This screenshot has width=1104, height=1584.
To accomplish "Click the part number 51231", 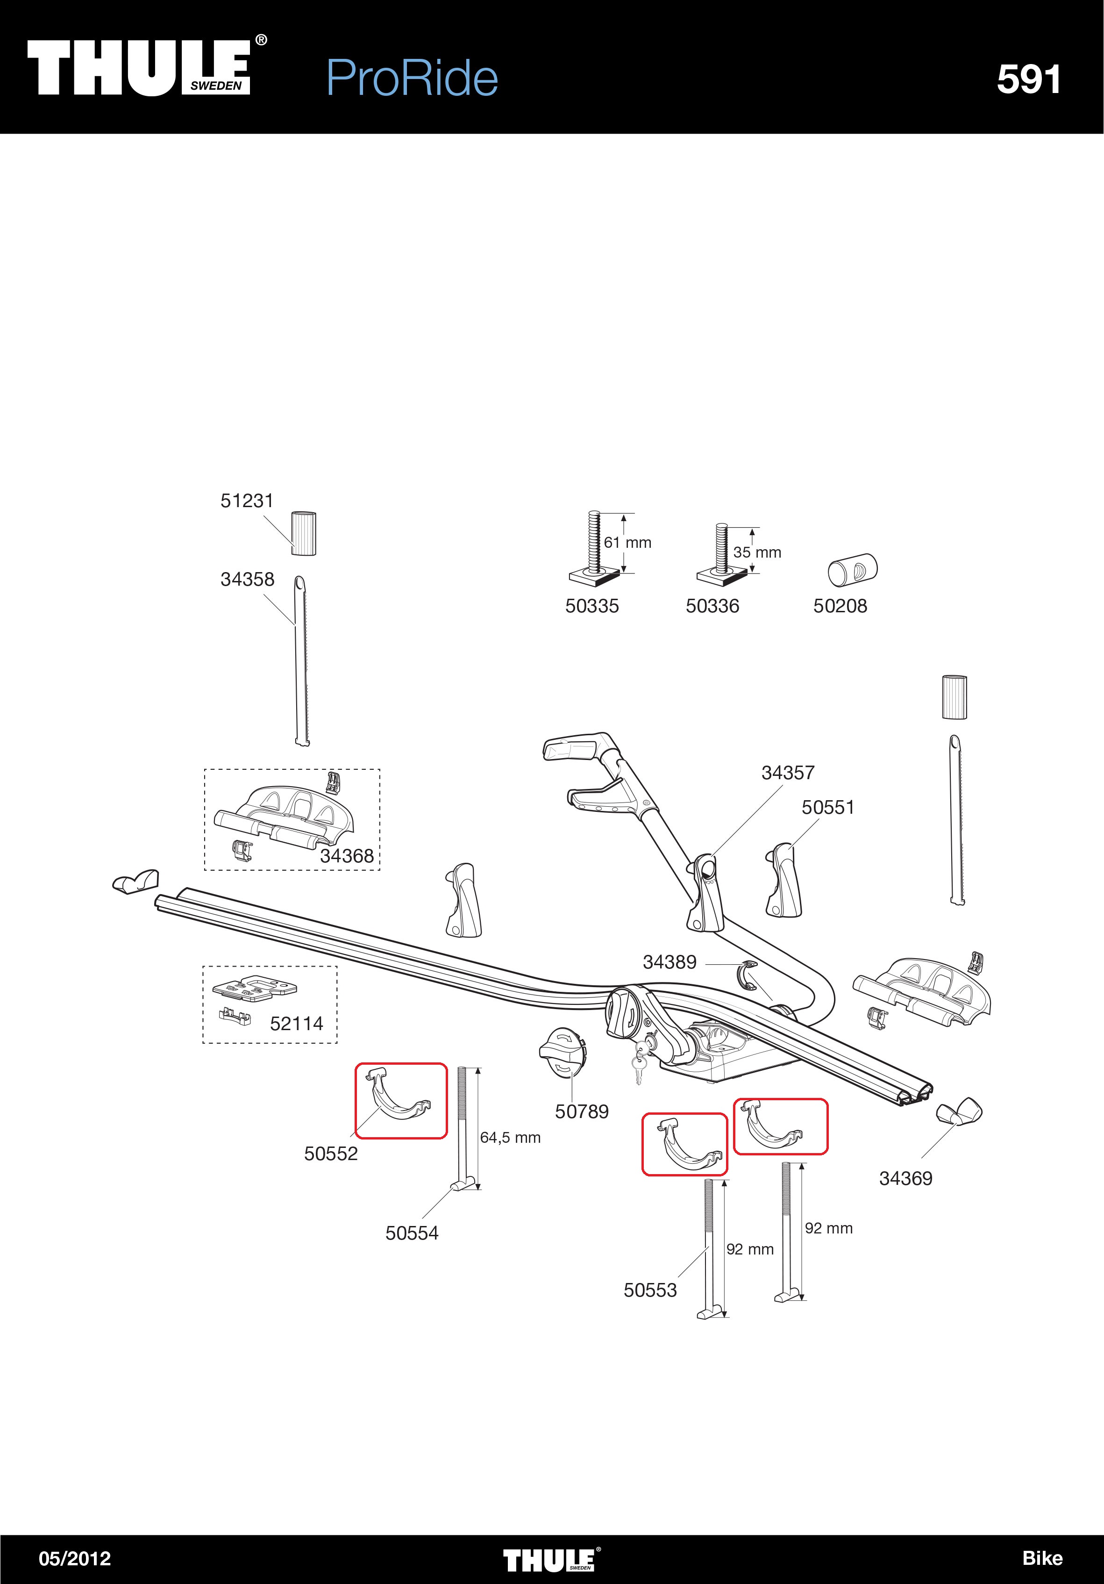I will [x=247, y=501].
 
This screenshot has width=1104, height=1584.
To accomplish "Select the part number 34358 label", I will [x=247, y=580].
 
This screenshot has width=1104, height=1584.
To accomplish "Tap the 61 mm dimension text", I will [x=627, y=543].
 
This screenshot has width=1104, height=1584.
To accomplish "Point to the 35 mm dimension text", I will [x=757, y=552].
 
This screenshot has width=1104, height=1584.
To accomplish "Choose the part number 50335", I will [x=591, y=606].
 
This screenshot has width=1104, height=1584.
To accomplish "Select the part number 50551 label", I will [x=827, y=807].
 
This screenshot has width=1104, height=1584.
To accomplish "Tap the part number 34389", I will [x=670, y=962].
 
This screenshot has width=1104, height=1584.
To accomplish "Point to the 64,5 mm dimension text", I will [x=510, y=1138].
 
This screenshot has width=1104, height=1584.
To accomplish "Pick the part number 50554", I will [x=412, y=1233].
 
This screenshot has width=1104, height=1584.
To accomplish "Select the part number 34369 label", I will [x=905, y=1178].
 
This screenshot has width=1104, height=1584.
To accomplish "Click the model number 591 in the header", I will [x=1028, y=79].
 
